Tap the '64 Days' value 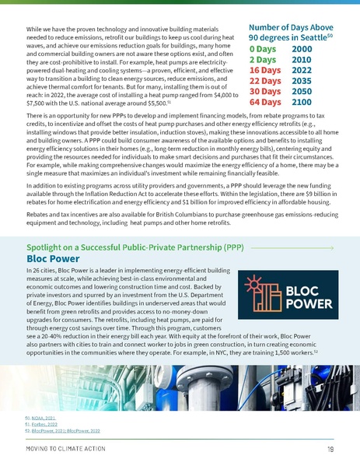tap(266, 101)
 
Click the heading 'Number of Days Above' tap(292, 25)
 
